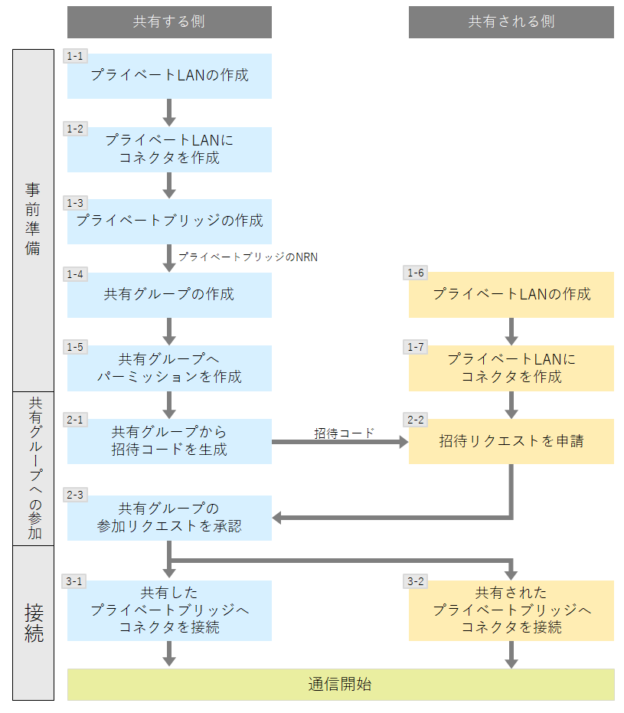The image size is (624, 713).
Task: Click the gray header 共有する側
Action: coord(169,21)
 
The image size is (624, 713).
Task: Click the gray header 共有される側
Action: coord(511,21)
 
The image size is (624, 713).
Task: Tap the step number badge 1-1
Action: coord(76,57)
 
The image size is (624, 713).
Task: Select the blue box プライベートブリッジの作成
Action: coord(169,221)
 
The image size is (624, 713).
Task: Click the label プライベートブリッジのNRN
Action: coord(247,257)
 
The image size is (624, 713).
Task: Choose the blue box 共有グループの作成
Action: coord(169,294)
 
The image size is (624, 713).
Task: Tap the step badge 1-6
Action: coord(416,273)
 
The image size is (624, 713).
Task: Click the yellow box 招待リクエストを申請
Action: coord(511,441)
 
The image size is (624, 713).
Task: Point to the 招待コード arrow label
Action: coord(344,433)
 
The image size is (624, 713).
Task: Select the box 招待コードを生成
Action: coord(169,441)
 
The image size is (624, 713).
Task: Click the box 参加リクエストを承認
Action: coord(169,518)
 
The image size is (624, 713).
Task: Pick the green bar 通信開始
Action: coord(341,684)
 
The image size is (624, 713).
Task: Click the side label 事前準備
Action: coord(33,219)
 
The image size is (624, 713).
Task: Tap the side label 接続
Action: coord(33,622)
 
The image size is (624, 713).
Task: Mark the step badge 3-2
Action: coord(416,581)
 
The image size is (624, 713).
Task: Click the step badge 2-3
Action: coord(76,495)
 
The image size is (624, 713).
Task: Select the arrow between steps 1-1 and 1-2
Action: coord(169,112)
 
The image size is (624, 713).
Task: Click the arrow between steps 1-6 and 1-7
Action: coord(511,330)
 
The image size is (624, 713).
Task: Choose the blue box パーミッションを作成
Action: coord(169,368)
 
